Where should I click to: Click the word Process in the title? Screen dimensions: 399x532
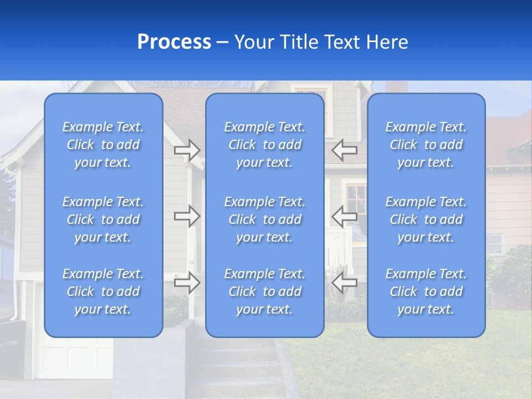coord(174,42)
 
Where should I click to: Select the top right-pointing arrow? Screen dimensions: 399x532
coord(187,150)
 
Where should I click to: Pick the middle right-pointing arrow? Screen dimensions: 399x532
coord(187,216)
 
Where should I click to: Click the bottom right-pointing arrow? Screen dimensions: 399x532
coord(187,282)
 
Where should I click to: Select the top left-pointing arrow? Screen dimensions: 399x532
coord(345,149)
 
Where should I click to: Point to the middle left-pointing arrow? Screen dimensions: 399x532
coord(345,216)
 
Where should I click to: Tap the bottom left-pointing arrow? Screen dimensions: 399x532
coord(345,282)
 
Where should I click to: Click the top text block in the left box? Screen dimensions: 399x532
coord(103,145)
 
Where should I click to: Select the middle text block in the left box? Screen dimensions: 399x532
coord(103,219)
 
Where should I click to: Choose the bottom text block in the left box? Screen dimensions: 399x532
coord(103,291)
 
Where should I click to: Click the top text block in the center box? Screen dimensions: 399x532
coord(265,145)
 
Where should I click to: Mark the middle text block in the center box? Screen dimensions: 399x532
coord(265,219)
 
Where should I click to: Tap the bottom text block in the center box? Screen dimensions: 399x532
coord(265,291)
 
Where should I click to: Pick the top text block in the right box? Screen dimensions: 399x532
coord(426,145)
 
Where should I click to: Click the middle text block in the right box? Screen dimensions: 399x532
coord(426,219)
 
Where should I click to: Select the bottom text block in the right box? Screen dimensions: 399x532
coord(426,291)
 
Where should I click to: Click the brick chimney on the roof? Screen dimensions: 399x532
coord(396,87)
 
